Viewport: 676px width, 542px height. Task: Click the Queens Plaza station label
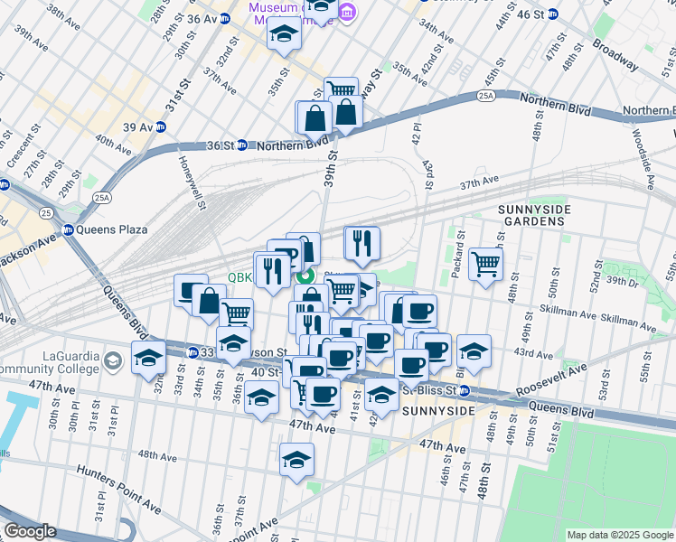pyautogui.click(x=111, y=229)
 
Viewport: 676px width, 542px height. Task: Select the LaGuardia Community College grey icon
pyautogui.click(x=112, y=361)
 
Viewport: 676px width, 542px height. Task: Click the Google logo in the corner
pyautogui.click(x=30, y=531)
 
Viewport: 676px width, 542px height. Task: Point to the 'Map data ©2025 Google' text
pyautogui.click(x=620, y=535)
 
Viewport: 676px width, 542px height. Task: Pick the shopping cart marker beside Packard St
pyautogui.click(x=485, y=264)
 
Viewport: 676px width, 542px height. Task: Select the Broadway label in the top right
pyautogui.click(x=617, y=59)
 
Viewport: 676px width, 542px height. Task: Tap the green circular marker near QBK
pyautogui.click(x=305, y=277)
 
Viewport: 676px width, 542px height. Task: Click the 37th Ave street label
pyautogui.click(x=479, y=182)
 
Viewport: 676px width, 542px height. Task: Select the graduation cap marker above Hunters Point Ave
pyautogui.click(x=296, y=459)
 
